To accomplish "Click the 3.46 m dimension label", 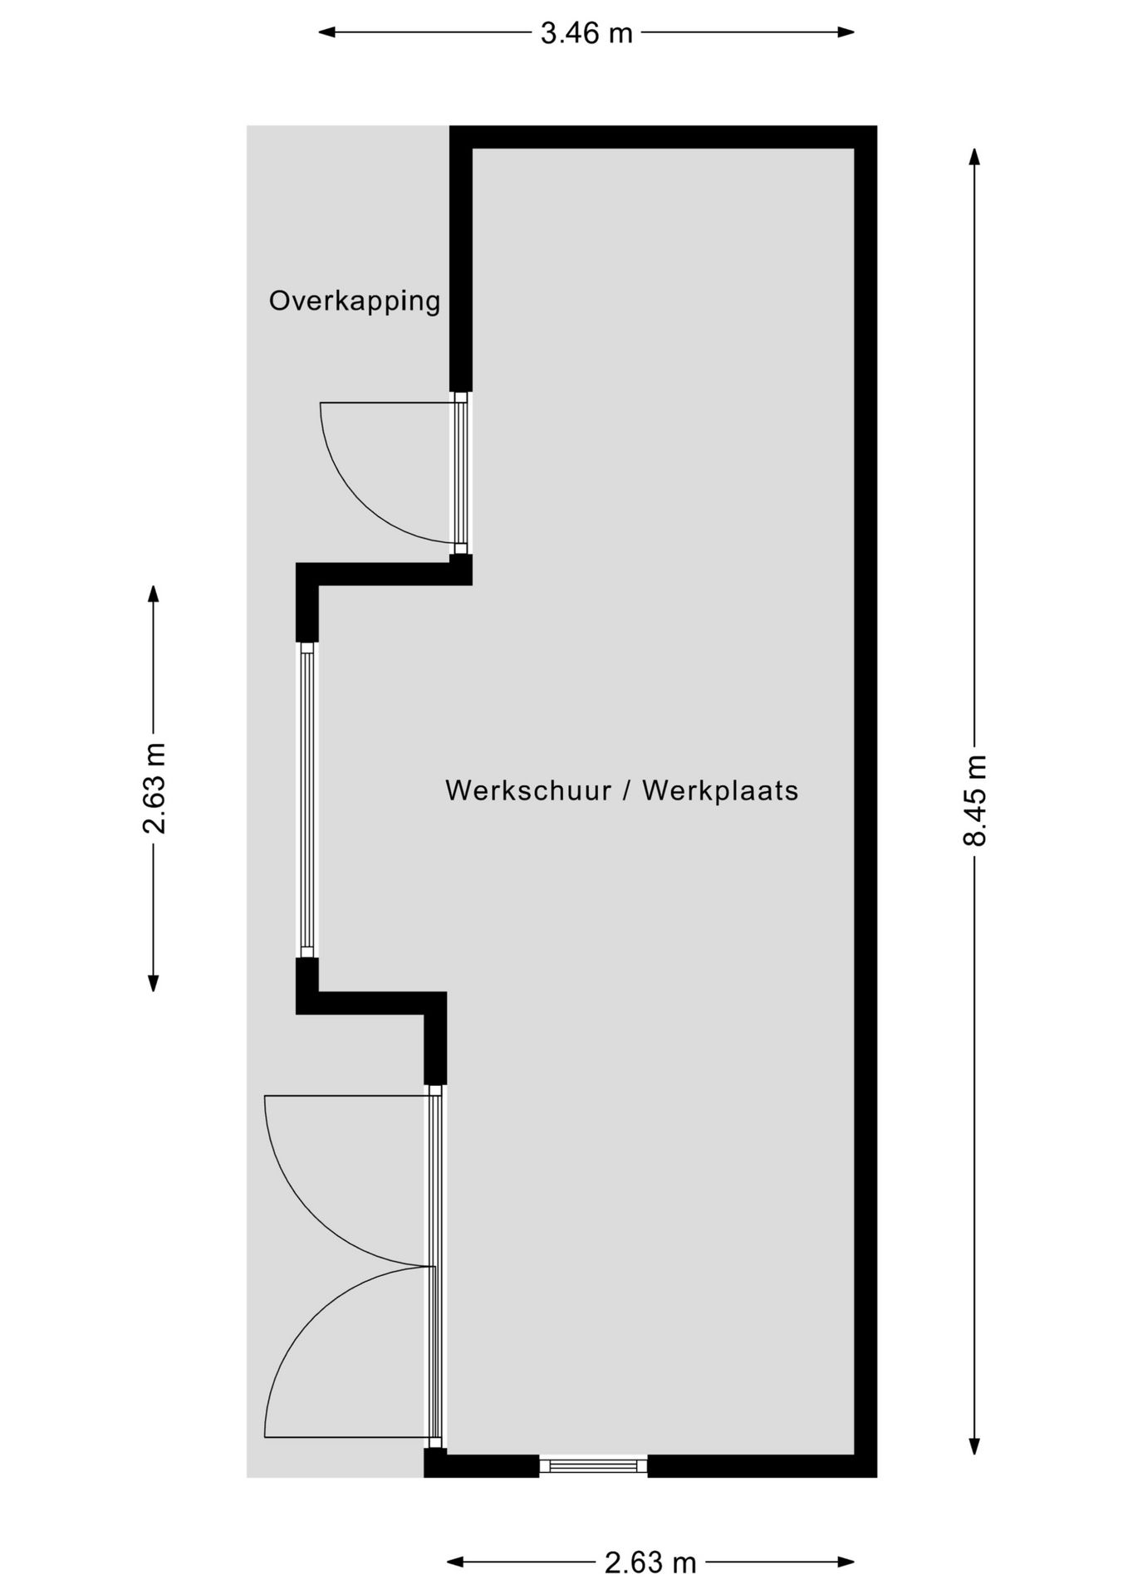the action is click(586, 33).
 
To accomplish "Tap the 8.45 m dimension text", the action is click(974, 800).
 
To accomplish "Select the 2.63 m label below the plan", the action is click(650, 1563).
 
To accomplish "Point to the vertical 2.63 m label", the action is click(154, 788).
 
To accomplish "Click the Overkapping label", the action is click(355, 301).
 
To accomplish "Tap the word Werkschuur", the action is click(528, 790).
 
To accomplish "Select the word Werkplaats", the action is click(720, 790).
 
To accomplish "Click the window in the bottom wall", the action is click(593, 1466).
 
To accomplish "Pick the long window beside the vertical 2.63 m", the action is click(307, 800).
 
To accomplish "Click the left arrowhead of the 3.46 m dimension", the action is click(327, 32).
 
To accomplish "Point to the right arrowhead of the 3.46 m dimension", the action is click(846, 32).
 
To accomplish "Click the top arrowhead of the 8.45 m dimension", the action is click(974, 157).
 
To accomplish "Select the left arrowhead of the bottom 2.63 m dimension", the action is click(455, 1562).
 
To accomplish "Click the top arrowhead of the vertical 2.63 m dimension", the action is click(153, 594).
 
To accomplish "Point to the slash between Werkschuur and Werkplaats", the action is click(627, 790).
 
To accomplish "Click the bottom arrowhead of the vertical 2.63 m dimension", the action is click(153, 983).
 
